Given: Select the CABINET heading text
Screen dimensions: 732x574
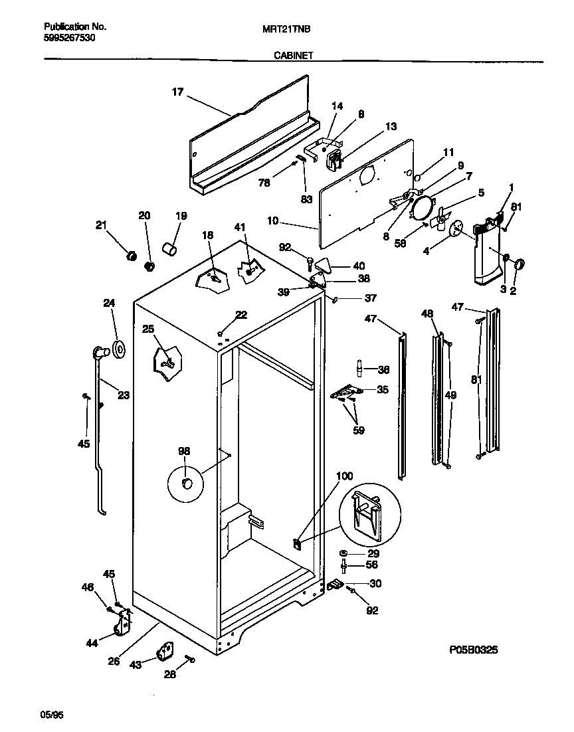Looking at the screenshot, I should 293,57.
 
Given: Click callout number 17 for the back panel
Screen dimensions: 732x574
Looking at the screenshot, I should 177,93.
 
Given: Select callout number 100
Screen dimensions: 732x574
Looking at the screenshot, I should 345,476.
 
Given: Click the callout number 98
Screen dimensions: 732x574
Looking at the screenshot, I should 184,451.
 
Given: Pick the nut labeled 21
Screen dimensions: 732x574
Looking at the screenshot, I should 132,255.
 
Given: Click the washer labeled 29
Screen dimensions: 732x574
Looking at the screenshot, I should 344,553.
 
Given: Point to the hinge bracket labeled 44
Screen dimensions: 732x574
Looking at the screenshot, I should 122,624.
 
